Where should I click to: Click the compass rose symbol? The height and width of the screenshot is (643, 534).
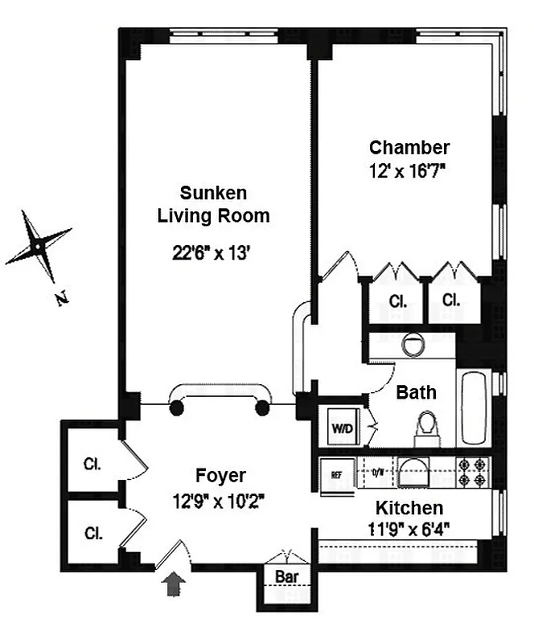(37, 242)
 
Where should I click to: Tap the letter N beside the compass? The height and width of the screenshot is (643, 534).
(61, 300)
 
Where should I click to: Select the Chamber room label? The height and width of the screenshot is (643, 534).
(409, 147)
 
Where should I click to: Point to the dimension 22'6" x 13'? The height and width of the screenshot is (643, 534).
(213, 252)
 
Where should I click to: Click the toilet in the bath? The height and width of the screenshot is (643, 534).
(426, 428)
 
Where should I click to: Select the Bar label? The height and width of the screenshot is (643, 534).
(286, 577)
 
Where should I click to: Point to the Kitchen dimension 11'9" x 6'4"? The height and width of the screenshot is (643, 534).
(409, 530)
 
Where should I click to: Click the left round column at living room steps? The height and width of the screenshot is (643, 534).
(176, 408)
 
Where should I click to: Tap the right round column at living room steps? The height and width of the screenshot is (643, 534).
(261, 408)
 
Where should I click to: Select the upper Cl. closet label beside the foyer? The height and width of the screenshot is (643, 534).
(92, 464)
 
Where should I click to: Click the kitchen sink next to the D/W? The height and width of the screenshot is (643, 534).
(414, 473)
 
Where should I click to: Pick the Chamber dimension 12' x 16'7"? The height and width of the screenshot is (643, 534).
(409, 170)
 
